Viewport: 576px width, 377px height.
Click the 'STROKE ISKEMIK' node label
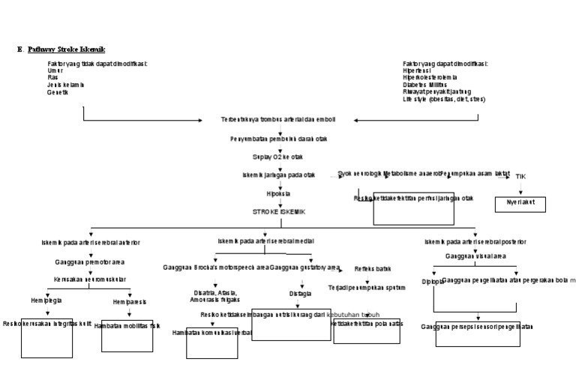[x=279, y=211]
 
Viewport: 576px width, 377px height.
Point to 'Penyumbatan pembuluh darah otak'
[x=278, y=139]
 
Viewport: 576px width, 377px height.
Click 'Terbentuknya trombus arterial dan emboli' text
[x=278, y=119]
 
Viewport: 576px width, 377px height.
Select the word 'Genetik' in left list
[x=58, y=92]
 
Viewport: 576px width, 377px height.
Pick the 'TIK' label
[x=520, y=176]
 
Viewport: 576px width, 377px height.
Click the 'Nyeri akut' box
[x=520, y=203]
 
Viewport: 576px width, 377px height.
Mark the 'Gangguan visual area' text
[x=474, y=256]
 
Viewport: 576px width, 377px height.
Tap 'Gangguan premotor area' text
[x=89, y=263]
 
